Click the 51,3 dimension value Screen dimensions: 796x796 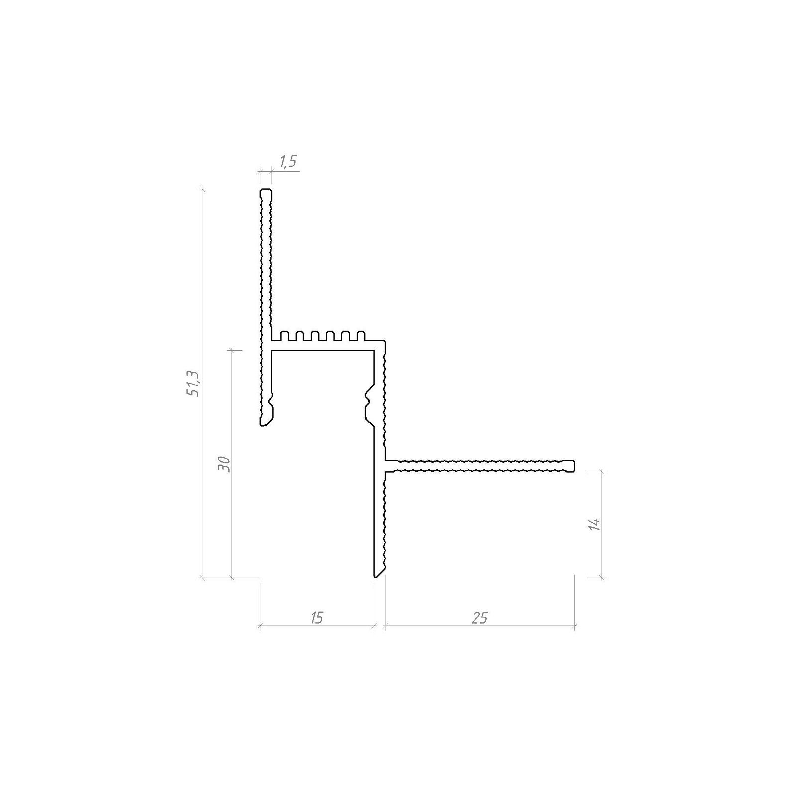click(193, 383)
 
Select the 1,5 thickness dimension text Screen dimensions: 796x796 click(288, 161)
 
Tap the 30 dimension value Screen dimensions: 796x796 click(224, 464)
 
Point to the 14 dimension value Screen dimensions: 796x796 click(595, 524)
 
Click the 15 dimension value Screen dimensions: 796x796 click(316, 618)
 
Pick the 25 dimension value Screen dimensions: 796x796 click(479, 618)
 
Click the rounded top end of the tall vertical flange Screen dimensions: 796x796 click(266, 191)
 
